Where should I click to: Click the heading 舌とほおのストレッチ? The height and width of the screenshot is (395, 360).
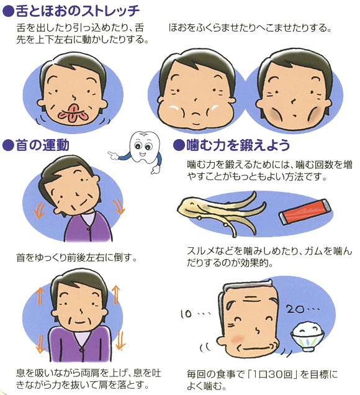click(78, 11)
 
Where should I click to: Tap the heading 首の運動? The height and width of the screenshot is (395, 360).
click(42, 145)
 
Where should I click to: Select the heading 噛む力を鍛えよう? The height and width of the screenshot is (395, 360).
click(238, 145)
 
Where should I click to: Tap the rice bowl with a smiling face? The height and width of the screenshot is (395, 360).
click(307, 336)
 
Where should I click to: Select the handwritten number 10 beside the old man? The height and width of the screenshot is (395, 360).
click(186, 314)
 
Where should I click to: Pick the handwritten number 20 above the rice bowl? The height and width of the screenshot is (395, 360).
click(295, 309)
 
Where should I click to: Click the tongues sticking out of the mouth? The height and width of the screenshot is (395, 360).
click(73, 114)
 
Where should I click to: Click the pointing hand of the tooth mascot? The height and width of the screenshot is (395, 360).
click(114, 155)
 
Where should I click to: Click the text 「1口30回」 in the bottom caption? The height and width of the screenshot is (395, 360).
click(272, 375)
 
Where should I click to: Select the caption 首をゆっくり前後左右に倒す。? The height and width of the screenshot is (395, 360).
click(76, 258)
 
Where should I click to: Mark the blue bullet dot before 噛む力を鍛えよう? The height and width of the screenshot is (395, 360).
click(179, 145)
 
